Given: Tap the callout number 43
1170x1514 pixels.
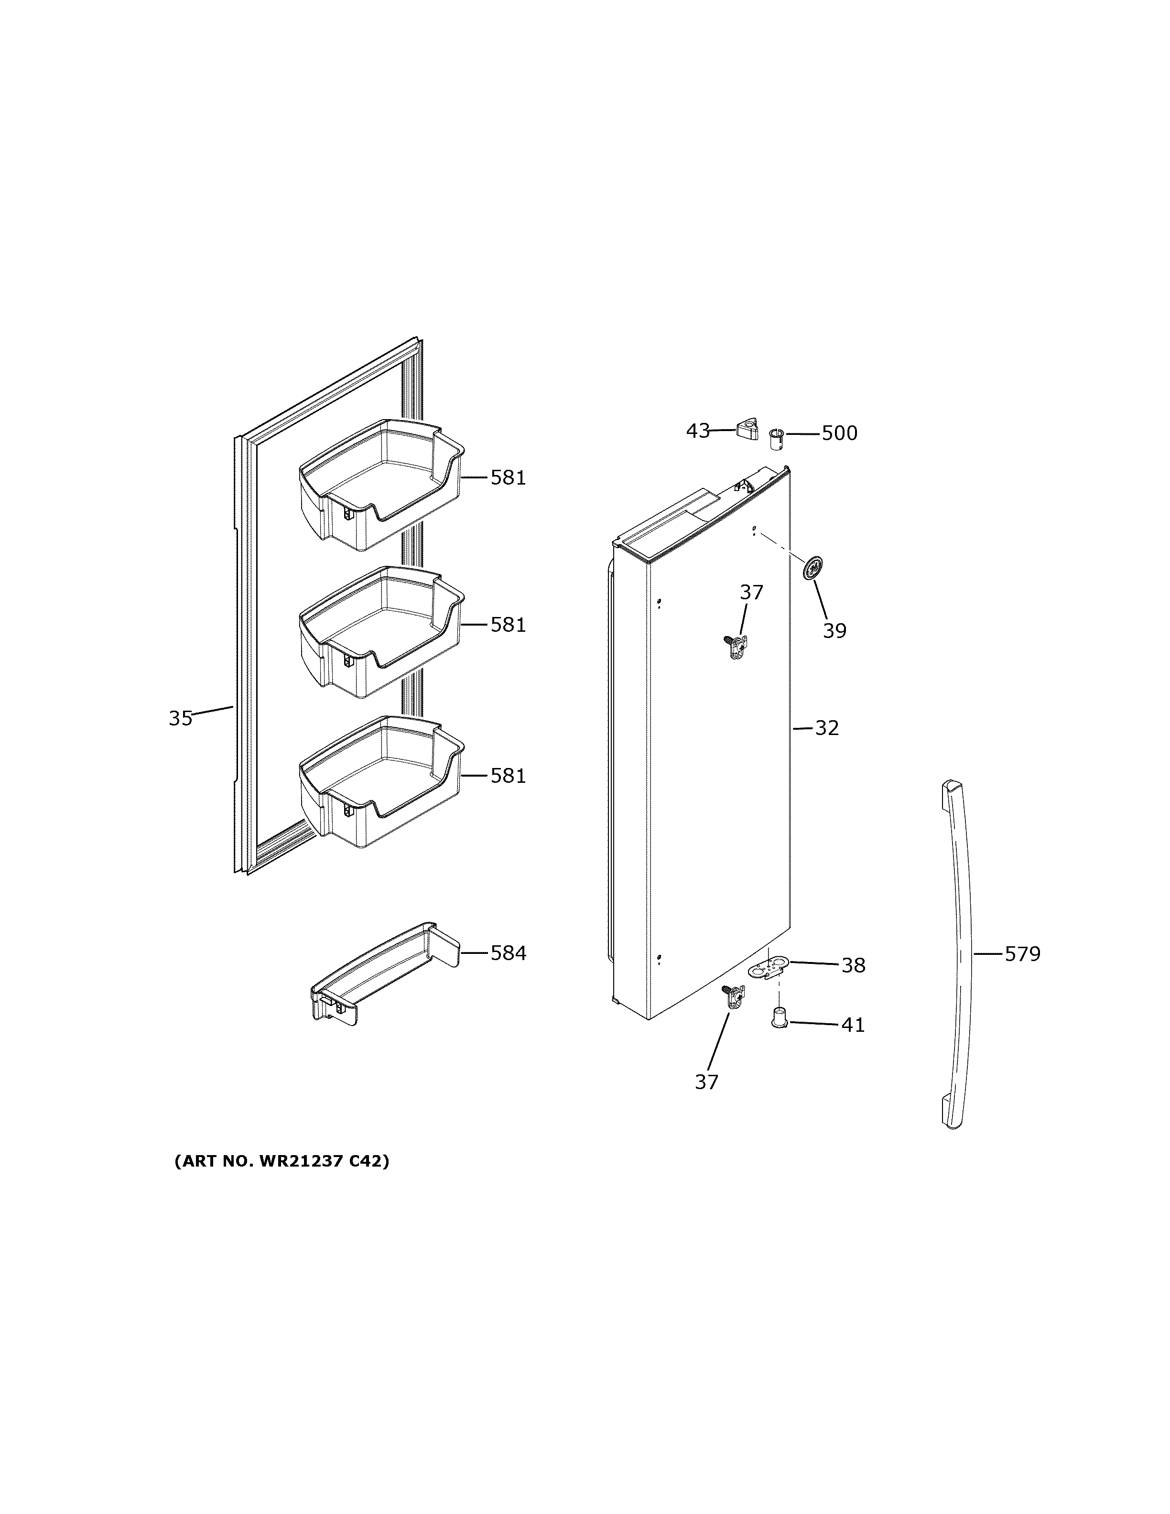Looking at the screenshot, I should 697,431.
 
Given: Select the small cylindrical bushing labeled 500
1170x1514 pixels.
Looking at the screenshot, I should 776,439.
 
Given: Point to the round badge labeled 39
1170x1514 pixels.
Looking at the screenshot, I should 812,568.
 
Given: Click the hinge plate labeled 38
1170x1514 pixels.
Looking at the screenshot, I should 769,965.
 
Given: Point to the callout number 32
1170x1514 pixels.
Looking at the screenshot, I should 826,728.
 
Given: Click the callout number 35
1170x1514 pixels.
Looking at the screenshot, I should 180,718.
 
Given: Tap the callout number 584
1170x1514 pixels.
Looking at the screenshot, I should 508,953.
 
